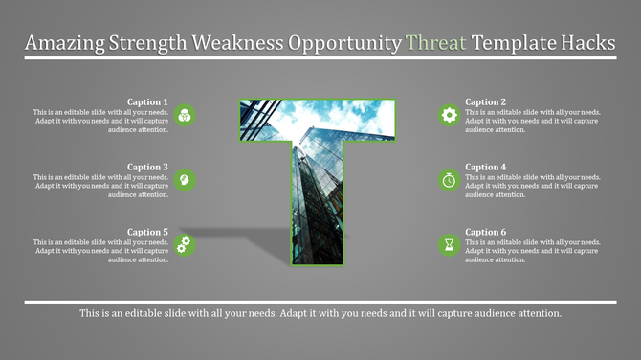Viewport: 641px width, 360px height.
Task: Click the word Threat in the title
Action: (436, 43)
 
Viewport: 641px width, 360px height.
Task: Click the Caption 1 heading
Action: (147, 101)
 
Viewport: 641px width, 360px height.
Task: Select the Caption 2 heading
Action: (485, 101)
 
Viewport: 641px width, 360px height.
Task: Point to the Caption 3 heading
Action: (147, 167)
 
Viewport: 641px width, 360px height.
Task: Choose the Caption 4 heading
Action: (485, 167)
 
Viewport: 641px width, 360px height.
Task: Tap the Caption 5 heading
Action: (147, 232)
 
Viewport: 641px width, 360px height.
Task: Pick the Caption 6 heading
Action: (485, 232)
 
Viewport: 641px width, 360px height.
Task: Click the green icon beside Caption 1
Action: (186, 115)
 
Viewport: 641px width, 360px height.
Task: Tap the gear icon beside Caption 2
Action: (449, 115)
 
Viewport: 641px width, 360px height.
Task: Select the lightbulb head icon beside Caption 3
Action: (186, 180)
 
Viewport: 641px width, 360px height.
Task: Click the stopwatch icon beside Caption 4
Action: (449, 180)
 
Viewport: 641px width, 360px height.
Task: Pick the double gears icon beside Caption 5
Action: (186, 245)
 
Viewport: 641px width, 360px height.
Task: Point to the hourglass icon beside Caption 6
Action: (449, 245)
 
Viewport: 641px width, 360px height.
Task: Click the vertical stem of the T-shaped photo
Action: (317, 211)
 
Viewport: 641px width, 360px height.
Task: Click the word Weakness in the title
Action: (241, 43)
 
